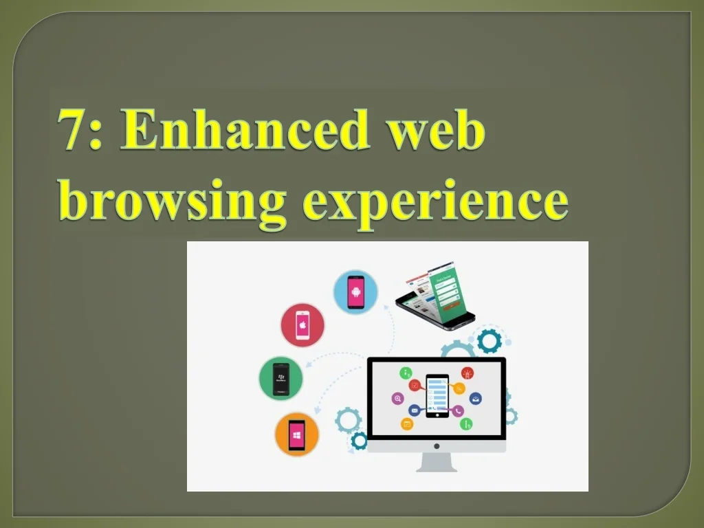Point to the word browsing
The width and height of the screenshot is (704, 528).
(x=173, y=202)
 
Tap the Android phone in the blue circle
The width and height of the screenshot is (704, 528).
(x=355, y=292)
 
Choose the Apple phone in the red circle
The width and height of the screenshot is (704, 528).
(x=302, y=325)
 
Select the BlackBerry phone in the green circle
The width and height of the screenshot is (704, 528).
(x=281, y=379)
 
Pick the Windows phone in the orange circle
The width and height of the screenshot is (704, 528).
(x=296, y=434)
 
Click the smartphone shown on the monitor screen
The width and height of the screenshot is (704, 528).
(x=437, y=396)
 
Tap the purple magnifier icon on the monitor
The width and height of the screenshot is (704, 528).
(x=397, y=398)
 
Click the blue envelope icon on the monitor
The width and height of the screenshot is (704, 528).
(x=414, y=410)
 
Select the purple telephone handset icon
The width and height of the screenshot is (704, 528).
(x=457, y=411)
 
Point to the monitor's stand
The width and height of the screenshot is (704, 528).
(x=437, y=462)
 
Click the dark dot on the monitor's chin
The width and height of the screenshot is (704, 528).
(x=437, y=446)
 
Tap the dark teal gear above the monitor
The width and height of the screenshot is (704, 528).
(x=489, y=341)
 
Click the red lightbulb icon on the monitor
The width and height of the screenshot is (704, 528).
(x=467, y=373)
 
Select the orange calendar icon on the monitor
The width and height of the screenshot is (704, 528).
(x=407, y=423)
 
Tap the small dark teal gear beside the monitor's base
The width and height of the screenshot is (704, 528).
(x=359, y=441)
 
